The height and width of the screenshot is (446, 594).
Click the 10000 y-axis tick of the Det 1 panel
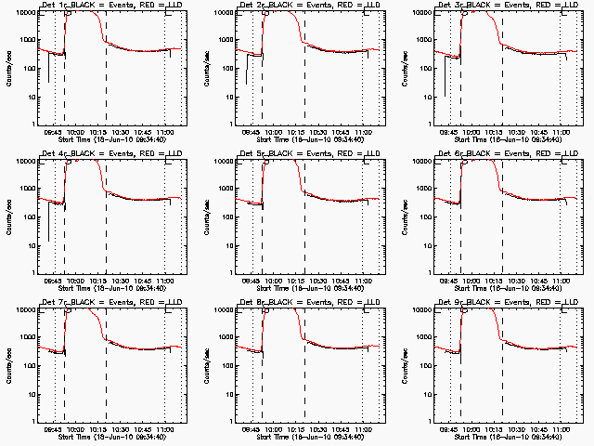(23, 13)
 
